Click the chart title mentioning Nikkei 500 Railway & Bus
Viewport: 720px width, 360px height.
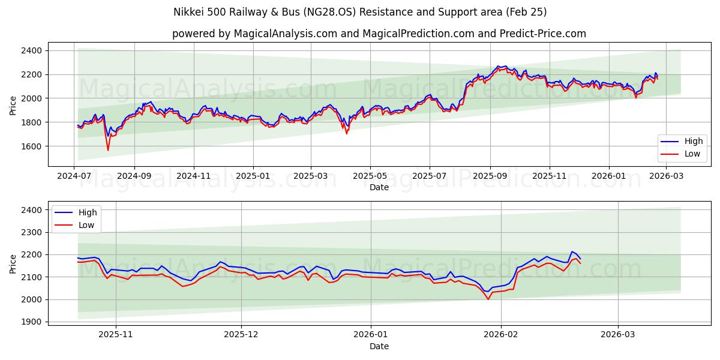(x=360, y=12)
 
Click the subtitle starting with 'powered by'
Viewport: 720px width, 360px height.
(x=379, y=34)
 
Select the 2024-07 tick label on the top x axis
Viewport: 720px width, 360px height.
(x=74, y=176)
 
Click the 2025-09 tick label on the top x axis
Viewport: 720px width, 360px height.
(x=490, y=176)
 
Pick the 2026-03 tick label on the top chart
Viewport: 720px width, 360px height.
(x=668, y=176)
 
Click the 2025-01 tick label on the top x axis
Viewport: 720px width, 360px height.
(x=253, y=176)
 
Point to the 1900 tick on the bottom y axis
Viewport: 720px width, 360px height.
(x=34, y=322)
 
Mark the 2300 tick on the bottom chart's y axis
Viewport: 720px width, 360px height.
(x=34, y=232)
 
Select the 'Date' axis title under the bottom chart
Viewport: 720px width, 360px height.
(x=379, y=346)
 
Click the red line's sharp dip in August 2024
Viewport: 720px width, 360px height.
(x=108, y=150)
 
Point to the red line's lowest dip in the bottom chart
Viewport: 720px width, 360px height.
(x=488, y=299)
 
